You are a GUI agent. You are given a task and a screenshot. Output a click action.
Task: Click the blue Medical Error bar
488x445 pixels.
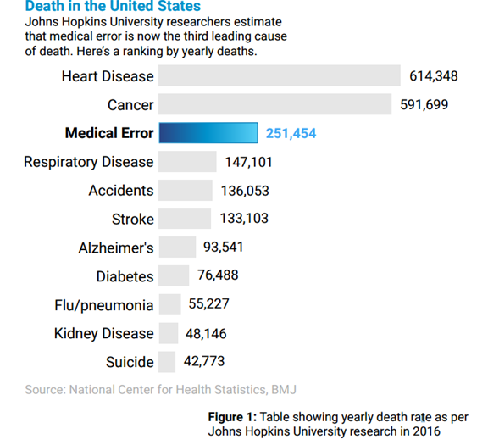208,133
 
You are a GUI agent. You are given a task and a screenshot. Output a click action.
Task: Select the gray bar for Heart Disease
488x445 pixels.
280,75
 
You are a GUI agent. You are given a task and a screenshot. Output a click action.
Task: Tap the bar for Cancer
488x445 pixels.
274,104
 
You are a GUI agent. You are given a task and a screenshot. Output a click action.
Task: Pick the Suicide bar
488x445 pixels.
167,362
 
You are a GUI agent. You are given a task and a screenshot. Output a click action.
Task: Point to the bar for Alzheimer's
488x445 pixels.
177,247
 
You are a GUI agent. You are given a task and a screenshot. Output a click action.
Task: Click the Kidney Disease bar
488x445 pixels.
169,333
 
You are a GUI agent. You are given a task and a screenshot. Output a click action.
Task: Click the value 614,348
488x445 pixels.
434,76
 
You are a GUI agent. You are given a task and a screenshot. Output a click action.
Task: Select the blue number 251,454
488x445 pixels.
291,133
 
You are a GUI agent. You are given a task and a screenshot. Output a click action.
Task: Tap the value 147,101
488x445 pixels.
249,162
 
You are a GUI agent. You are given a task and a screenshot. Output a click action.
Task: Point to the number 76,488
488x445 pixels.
218,275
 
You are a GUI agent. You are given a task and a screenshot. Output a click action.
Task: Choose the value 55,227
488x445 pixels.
208,303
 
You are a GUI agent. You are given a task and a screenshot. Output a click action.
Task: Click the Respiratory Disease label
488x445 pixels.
89,162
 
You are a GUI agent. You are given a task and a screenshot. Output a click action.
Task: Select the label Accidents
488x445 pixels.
121,190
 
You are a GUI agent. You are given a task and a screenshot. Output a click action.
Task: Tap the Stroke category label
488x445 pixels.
133,219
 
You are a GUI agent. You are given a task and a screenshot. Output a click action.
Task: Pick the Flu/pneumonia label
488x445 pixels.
104,305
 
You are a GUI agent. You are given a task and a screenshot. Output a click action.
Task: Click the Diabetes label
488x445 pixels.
125,276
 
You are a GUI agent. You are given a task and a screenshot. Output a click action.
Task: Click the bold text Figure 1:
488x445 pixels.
232,417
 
